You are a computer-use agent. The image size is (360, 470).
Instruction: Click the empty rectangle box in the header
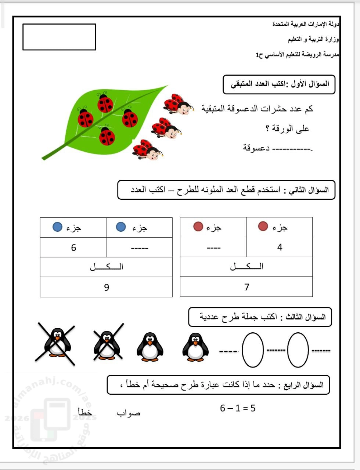pos(59,37)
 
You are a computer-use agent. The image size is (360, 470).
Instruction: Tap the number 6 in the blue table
pos(73,248)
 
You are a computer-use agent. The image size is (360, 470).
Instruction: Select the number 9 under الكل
pos(107,287)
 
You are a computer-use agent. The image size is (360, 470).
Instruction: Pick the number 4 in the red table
pos(280,247)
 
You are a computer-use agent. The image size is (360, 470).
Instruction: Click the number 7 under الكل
pos(247,287)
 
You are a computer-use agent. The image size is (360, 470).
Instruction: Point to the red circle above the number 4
pos(263,226)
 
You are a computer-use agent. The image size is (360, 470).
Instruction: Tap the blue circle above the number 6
pos(57,227)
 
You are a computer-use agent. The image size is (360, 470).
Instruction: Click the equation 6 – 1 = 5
pos(238,408)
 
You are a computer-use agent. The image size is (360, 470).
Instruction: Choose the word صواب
pos(129,413)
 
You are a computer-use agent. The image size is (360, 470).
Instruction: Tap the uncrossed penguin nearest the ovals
pos(195,347)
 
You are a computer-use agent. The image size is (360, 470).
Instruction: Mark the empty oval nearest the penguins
pos(253,350)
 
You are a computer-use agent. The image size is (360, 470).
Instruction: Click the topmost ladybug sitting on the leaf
pos(105,103)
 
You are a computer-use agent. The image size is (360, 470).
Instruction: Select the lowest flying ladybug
pos(148,150)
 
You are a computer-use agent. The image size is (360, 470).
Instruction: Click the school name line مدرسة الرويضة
pos(298,55)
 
